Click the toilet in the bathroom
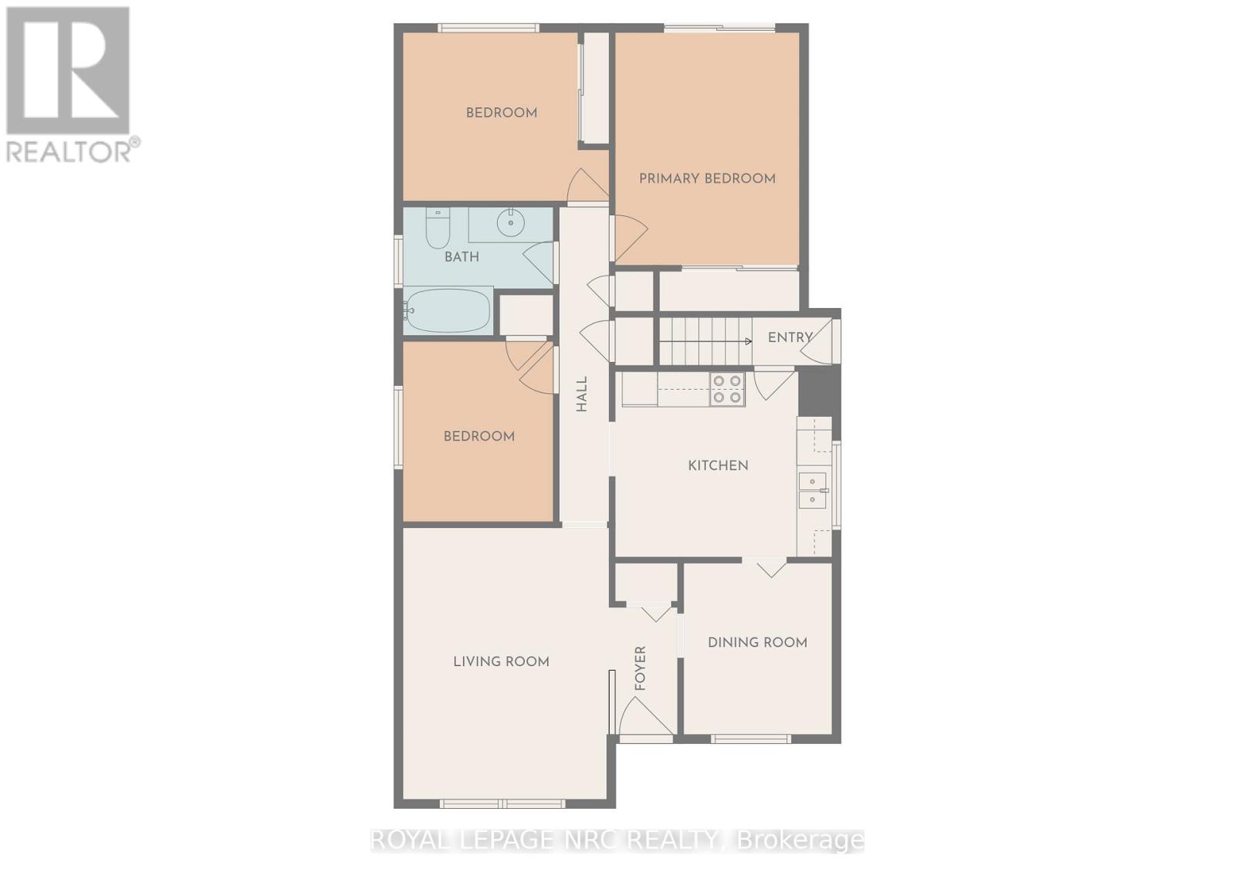(x=438, y=228)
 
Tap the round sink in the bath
(x=511, y=223)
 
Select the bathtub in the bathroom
(x=447, y=311)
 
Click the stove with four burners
(x=727, y=389)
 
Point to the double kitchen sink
(x=814, y=490)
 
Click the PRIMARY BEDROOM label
(x=707, y=178)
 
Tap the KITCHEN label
(x=719, y=466)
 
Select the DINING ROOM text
(x=757, y=642)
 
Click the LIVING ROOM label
(x=501, y=661)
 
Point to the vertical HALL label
(x=582, y=394)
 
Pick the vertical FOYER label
(x=640, y=668)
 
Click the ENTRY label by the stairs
(x=790, y=337)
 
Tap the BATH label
(x=462, y=257)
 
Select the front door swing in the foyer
(x=646, y=715)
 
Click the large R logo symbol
(x=68, y=70)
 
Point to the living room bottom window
(x=502, y=804)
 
